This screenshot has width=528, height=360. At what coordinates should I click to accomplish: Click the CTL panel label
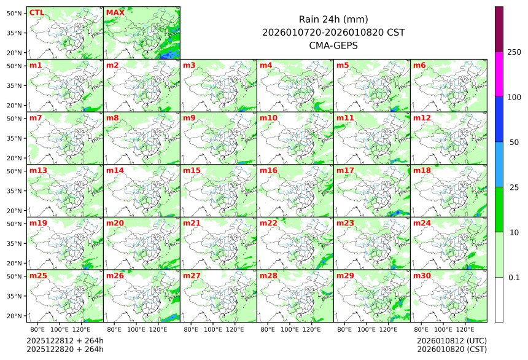pyautogui.click(x=37, y=12)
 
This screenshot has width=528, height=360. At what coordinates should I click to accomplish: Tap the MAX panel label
pyautogui.click(x=115, y=12)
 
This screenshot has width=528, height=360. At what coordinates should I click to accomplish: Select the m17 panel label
pyautogui.click(x=345, y=170)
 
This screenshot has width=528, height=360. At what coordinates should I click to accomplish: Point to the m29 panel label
pyautogui.click(x=345, y=276)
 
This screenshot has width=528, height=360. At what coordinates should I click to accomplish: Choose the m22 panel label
pyautogui.click(x=268, y=223)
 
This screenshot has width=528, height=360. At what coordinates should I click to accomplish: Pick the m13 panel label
pyautogui.click(x=38, y=170)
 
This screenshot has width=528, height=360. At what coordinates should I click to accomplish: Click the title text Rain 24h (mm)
pyautogui.click(x=333, y=19)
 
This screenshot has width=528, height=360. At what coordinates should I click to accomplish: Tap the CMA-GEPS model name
pyautogui.click(x=333, y=45)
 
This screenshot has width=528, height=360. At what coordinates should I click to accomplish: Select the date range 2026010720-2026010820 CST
pyautogui.click(x=333, y=32)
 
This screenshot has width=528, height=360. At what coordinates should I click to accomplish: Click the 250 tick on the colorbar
pyautogui.click(x=514, y=52)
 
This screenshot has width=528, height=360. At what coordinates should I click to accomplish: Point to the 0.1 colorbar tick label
pyautogui.click(x=514, y=277)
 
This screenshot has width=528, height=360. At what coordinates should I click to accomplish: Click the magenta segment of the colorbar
pyautogui.click(x=499, y=74)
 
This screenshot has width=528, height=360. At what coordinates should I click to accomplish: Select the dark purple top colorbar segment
pyautogui.click(x=499, y=29)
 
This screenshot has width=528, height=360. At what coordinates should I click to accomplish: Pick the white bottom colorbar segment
pyautogui.click(x=499, y=299)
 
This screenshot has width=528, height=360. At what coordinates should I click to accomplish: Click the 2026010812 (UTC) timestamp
pyautogui.click(x=451, y=340)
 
